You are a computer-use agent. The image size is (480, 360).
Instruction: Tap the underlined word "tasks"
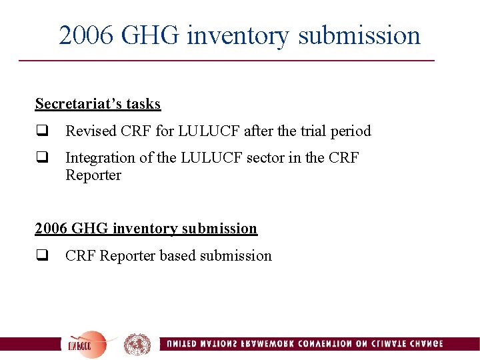pos(145,104)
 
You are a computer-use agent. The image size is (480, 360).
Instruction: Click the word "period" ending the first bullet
pos(351,131)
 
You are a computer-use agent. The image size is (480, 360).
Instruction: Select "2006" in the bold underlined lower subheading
pos(51,229)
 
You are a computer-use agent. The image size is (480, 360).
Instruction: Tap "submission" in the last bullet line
pos(236,256)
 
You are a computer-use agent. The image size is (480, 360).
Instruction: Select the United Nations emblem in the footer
pos(137,344)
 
